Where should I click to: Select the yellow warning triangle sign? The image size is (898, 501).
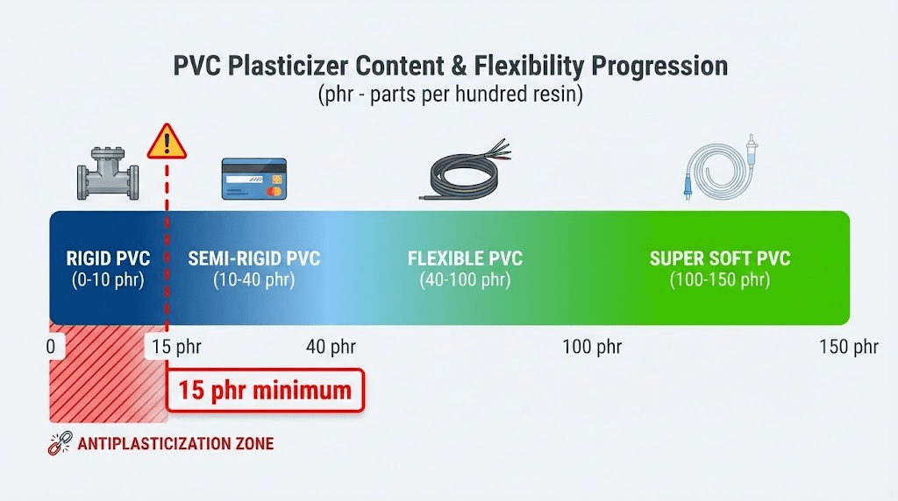pyautogui.click(x=167, y=142)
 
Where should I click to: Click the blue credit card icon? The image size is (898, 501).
pyautogui.click(x=253, y=178)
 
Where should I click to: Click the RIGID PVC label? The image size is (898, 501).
pyautogui.click(x=108, y=259)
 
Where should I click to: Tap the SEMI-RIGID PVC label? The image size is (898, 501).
pyautogui.click(x=254, y=259)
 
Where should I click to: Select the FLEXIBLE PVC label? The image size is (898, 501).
pyautogui.click(x=465, y=259)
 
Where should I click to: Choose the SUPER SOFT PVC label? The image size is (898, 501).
pyautogui.click(x=720, y=259)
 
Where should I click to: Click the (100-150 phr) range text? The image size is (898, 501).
pyautogui.click(x=720, y=281)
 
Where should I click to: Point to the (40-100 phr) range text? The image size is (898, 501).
pyautogui.click(x=465, y=281)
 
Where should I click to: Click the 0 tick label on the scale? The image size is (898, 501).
pyautogui.click(x=50, y=347)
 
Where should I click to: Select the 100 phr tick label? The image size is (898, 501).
pyautogui.click(x=592, y=347)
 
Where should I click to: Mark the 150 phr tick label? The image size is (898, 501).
pyautogui.click(x=848, y=347)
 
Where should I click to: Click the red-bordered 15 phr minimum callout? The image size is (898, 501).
pyautogui.click(x=264, y=390)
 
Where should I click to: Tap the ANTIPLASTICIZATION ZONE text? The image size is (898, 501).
pyautogui.click(x=175, y=444)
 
